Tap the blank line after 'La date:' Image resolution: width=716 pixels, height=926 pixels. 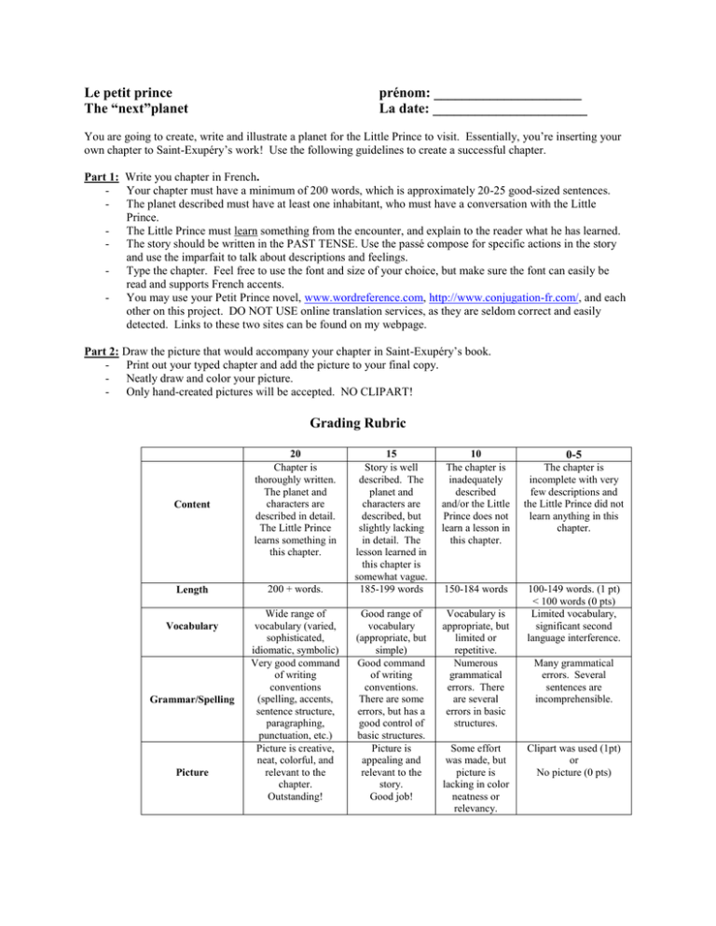514,113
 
